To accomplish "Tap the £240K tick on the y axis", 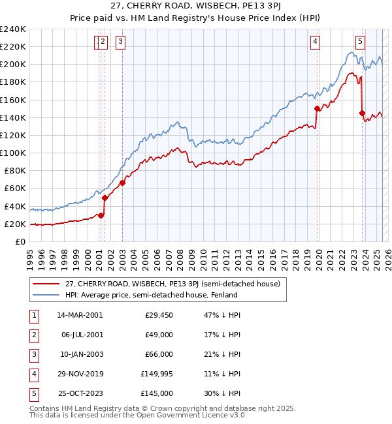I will pos(13,29).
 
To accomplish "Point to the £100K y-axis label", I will pos(13,153).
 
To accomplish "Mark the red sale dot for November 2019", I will pos(317,109).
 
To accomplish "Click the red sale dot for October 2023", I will pos(362,113).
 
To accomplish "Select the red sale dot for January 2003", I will pos(122,183).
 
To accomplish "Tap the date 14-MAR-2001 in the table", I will pos(80,315).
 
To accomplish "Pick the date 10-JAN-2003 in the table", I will pos(80,354).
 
